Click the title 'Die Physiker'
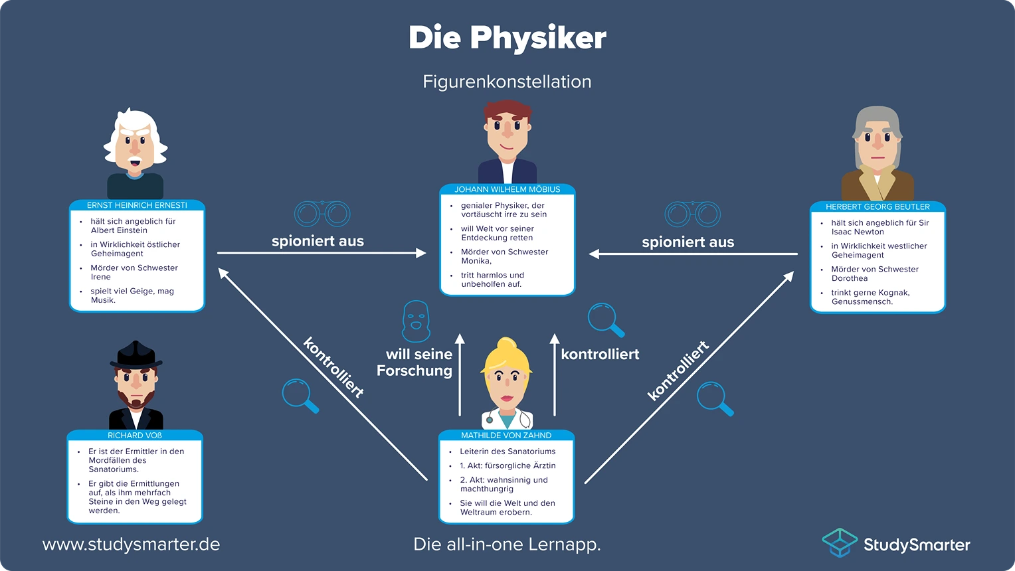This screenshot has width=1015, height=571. point(507,38)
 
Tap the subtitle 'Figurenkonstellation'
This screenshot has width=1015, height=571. point(507,82)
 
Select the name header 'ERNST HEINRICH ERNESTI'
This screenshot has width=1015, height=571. point(137,205)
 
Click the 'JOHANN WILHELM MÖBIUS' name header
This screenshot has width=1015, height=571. point(507,189)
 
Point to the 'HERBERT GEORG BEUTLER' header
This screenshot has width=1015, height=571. point(877,206)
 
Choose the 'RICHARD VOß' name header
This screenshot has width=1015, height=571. point(135,436)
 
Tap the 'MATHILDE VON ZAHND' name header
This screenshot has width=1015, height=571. point(506,436)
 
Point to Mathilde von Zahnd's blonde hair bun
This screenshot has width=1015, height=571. point(507,345)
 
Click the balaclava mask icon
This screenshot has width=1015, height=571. point(416,321)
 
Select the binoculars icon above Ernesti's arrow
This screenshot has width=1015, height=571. point(322,214)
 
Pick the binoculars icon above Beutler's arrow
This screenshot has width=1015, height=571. point(693,214)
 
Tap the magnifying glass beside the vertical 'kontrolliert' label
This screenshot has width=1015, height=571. point(606,319)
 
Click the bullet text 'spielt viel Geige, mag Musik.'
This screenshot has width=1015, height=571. point(132,295)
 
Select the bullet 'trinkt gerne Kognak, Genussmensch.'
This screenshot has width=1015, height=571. point(870,297)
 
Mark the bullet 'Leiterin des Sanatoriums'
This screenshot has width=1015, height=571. point(507,451)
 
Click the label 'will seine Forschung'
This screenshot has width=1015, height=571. point(415,363)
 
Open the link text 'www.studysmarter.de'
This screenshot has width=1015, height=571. point(131,544)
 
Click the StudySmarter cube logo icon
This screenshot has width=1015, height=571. point(840,542)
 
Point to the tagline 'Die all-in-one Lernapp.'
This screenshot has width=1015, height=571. point(507,544)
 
